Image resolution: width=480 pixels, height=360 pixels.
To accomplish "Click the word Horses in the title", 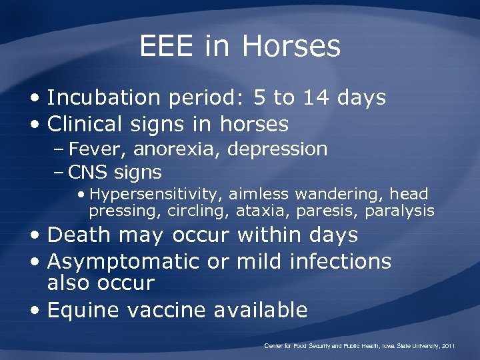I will [x=291, y=47].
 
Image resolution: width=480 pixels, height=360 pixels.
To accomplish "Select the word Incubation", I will [x=108, y=98].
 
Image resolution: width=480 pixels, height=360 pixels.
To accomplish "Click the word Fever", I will [x=94, y=149].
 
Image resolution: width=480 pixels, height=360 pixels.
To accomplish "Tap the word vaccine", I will [x=171, y=310].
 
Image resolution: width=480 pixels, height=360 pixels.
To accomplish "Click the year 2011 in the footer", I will [x=447, y=346].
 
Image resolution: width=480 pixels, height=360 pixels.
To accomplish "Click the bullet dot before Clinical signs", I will [x=38, y=125].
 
